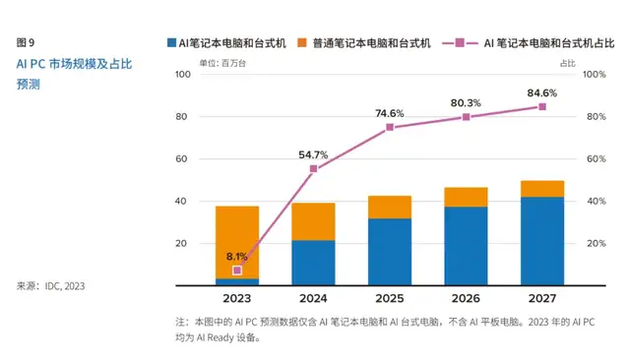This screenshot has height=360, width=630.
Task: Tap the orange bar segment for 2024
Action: (x=313, y=221)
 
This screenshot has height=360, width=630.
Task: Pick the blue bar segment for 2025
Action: (x=390, y=252)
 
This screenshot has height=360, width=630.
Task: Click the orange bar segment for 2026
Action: (x=466, y=197)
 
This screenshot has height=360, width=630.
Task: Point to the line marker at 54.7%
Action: (x=313, y=169)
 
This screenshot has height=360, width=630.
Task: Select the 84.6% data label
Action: (x=541, y=93)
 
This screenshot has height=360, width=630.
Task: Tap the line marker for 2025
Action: (x=390, y=127)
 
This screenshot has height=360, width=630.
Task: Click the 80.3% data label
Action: (x=466, y=103)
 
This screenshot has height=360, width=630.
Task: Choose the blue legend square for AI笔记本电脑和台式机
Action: (x=170, y=43)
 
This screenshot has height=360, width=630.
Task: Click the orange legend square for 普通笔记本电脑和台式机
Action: (x=304, y=43)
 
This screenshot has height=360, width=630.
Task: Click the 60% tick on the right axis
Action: (x=593, y=159)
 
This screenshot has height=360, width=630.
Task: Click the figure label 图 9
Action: (x=27, y=42)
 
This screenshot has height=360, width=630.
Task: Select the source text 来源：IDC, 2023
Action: (x=50, y=286)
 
